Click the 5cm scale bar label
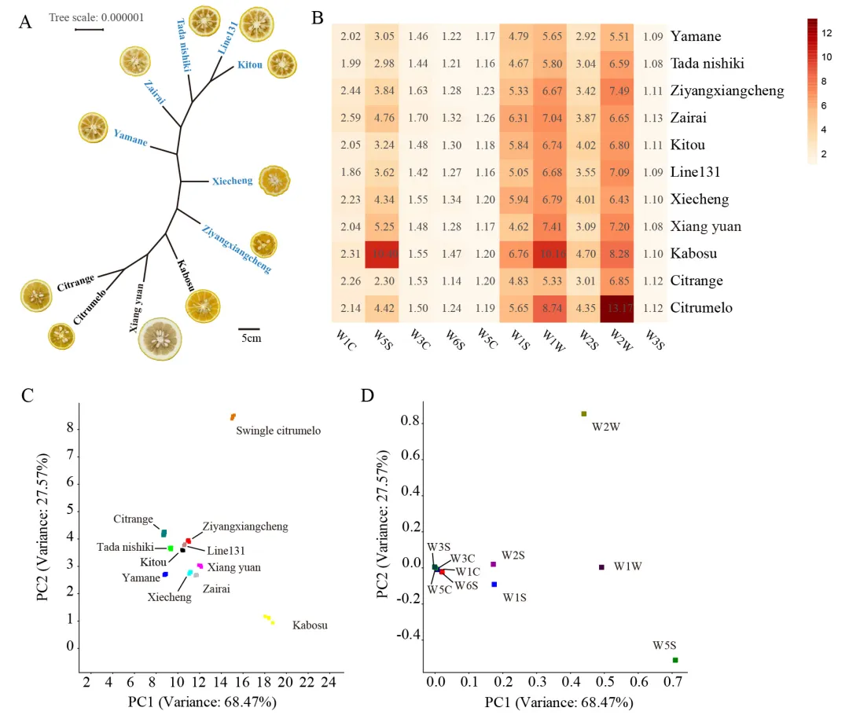click(x=251, y=339)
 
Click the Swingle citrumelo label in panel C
click(x=278, y=431)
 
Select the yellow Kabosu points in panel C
click(x=269, y=619)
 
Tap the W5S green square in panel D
click(x=675, y=660)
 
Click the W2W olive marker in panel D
click(x=583, y=413)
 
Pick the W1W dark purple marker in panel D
click(x=601, y=566)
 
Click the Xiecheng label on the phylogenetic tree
click(x=233, y=181)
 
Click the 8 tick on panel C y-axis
click(x=69, y=429)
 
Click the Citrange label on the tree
click(x=75, y=283)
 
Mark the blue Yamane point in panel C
click(x=165, y=574)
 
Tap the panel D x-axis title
click(x=558, y=702)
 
